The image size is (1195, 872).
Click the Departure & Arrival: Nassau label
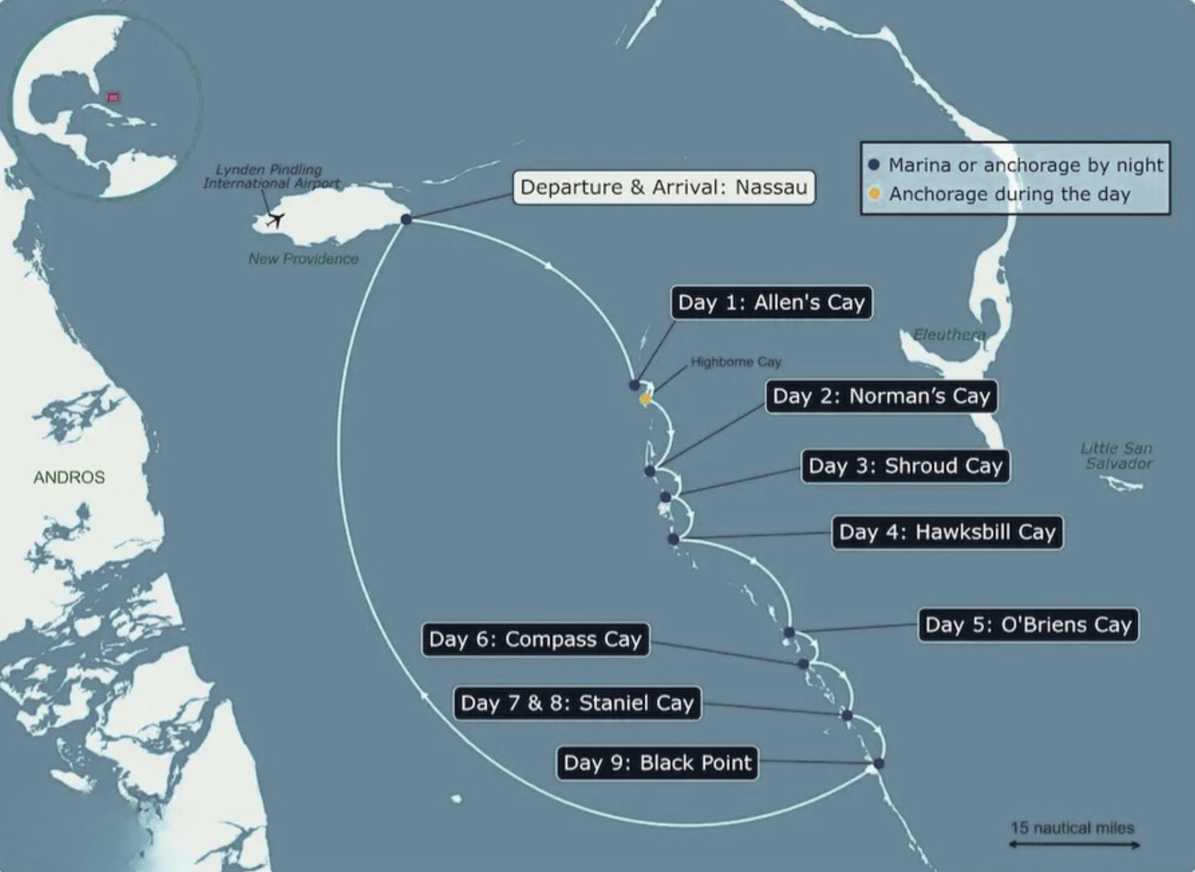click(x=663, y=187)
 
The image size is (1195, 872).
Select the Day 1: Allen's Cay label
click(x=771, y=303)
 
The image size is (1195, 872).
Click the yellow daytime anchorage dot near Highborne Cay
click(x=645, y=399)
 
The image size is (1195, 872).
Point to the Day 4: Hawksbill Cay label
click(x=947, y=532)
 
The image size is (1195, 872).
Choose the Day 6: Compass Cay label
click(x=535, y=639)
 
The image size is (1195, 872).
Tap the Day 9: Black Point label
click(x=657, y=763)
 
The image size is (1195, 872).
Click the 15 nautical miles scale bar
click(x=1074, y=845)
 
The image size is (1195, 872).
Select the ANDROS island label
click(x=69, y=477)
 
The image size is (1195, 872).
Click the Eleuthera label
click(x=949, y=335)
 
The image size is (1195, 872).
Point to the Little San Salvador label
click(x=1117, y=456)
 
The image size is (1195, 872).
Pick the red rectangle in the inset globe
click(x=113, y=97)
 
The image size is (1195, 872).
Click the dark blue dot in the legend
click(x=874, y=165)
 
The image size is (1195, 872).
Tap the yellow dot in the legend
click(x=874, y=193)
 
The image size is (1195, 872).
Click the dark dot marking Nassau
click(x=406, y=220)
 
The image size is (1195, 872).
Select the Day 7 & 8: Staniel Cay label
click(x=577, y=703)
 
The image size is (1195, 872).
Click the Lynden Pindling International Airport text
click(x=270, y=176)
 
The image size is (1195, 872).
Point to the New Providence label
click(x=303, y=259)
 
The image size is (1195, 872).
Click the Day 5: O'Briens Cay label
click(x=1028, y=625)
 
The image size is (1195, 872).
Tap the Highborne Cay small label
click(x=736, y=362)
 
